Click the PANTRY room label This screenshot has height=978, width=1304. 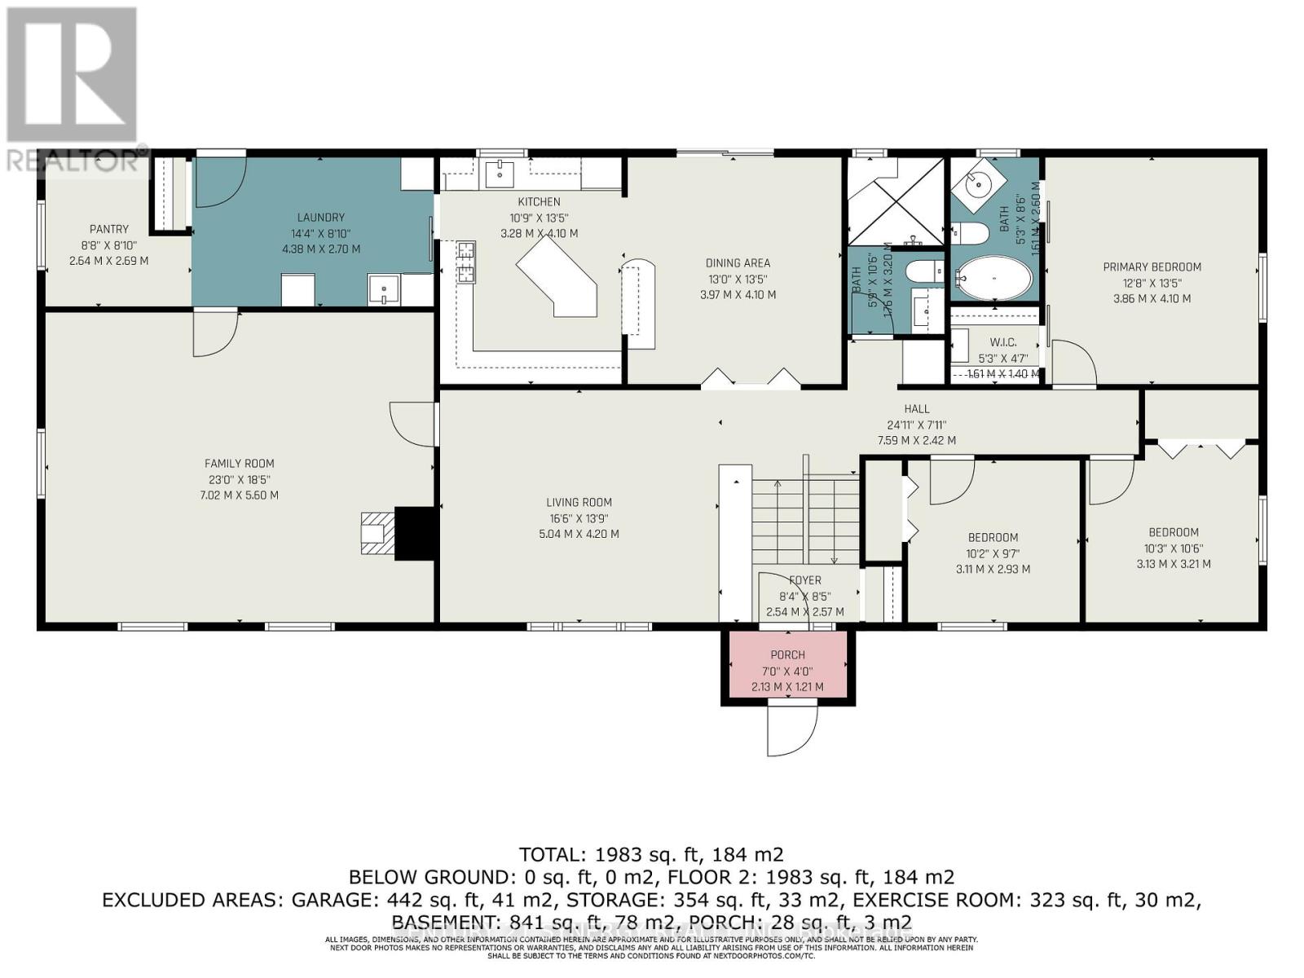click(x=109, y=230)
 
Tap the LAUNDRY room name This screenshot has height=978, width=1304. click(x=320, y=218)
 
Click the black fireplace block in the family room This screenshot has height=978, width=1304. click(x=416, y=534)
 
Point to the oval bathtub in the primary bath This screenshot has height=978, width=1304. click(x=993, y=278)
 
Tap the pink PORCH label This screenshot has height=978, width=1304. click(x=787, y=655)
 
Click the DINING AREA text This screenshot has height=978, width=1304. click(x=738, y=263)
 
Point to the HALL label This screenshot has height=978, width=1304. click(x=917, y=409)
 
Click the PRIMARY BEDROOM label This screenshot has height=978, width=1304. click(x=1152, y=267)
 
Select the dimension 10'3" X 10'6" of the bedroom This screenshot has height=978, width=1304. click(x=1174, y=548)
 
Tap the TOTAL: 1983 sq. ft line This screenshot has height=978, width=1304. click(x=651, y=854)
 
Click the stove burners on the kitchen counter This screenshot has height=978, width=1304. click(x=466, y=262)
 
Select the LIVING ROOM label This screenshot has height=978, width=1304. click(x=579, y=503)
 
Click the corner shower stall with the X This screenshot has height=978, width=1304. click(x=896, y=200)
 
